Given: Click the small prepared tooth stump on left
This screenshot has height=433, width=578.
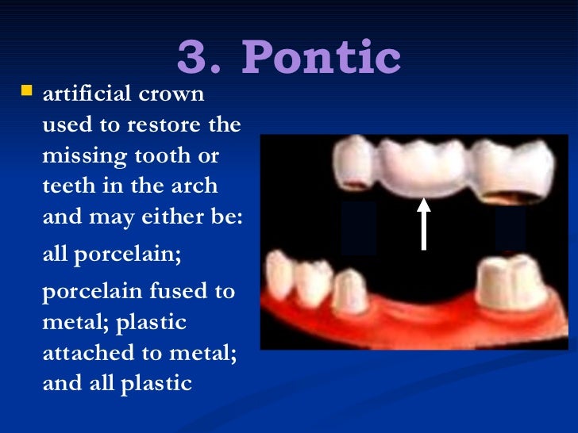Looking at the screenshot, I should pyautogui.click(x=348, y=290).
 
